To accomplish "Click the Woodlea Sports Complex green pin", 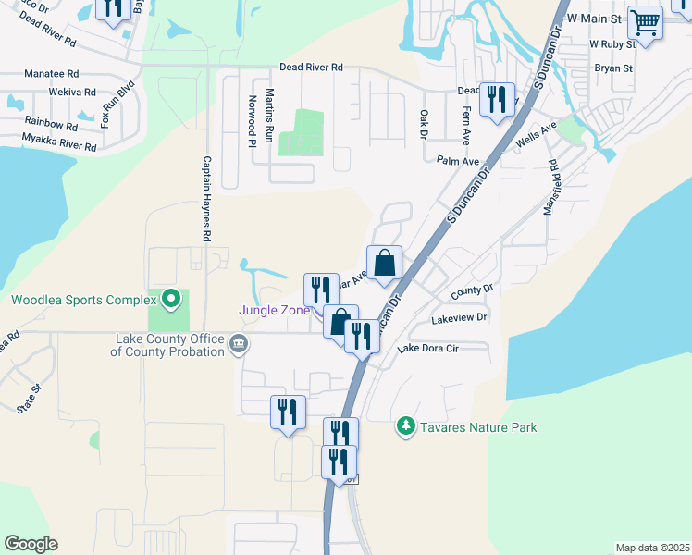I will (x=170, y=299).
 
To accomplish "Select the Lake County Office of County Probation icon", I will (x=239, y=346).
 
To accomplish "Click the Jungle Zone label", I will (x=274, y=310).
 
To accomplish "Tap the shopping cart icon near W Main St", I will (x=645, y=22).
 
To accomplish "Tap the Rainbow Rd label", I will (x=52, y=123).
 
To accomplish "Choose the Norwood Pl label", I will (x=251, y=120).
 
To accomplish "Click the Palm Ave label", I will (x=458, y=160).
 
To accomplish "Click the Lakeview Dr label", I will (x=459, y=318).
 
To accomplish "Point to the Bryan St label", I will (x=612, y=68).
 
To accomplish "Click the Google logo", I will (x=31, y=544).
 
